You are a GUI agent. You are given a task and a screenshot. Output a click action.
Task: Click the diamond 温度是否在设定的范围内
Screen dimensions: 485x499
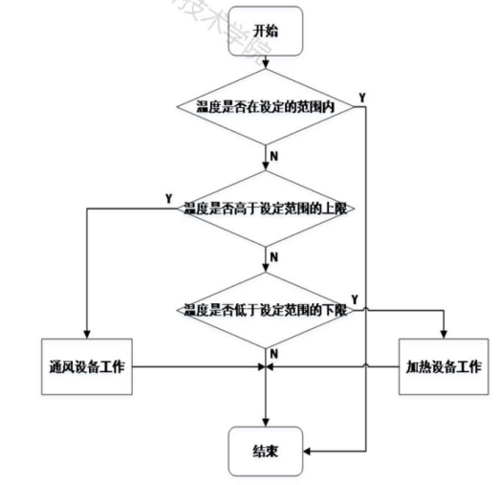[x=266, y=105]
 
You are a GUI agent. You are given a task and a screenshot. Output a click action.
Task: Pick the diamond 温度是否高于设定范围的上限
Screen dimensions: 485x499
[x=266, y=207]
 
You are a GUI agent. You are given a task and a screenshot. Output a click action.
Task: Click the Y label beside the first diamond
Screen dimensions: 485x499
[x=361, y=98]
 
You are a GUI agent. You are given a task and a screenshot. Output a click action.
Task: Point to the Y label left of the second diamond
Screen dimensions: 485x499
[x=169, y=198]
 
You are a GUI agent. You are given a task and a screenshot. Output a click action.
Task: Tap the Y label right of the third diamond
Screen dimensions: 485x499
[x=356, y=299]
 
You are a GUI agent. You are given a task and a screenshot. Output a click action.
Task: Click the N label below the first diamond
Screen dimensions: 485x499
[x=274, y=153]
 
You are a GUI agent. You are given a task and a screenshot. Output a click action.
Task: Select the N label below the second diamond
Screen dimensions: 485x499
[x=274, y=255]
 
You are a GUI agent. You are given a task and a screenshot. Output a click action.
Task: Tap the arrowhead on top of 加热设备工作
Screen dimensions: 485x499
[x=445, y=333]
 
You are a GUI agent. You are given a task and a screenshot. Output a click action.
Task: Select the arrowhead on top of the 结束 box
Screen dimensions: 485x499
[x=266, y=421]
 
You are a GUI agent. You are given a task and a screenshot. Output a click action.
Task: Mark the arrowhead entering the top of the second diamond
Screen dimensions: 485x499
[x=266, y=167]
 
